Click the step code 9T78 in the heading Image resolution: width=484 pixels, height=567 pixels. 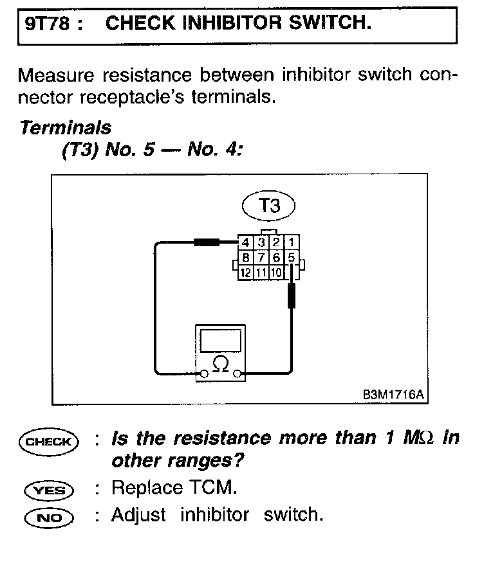pyautogui.click(x=44, y=25)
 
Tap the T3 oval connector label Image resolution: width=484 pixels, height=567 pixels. pyautogui.click(x=269, y=206)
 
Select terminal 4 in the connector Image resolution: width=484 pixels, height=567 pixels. pyautogui.click(x=245, y=243)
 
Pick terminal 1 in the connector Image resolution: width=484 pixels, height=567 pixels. pyautogui.click(x=291, y=243)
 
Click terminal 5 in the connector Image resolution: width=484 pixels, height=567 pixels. pyautogui.click(x=291, y=258)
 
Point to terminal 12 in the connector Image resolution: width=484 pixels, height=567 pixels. pyautogui.click(x=245, y=273)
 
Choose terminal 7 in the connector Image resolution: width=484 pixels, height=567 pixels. pyautogui.click(x=261, y=258)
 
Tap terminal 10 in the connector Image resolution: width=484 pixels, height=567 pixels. pyautogui.click(x=275, y=273)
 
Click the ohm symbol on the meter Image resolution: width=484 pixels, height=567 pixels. pyautogui.click(x=220, y=364)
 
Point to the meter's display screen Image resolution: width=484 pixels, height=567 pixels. pyautogui.click(x=221, y=340)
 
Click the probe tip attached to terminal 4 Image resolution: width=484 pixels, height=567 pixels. pyautogui.click(x=207, y=243)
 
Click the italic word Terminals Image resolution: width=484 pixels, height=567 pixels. pyautogui.click(x=65, y=128)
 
